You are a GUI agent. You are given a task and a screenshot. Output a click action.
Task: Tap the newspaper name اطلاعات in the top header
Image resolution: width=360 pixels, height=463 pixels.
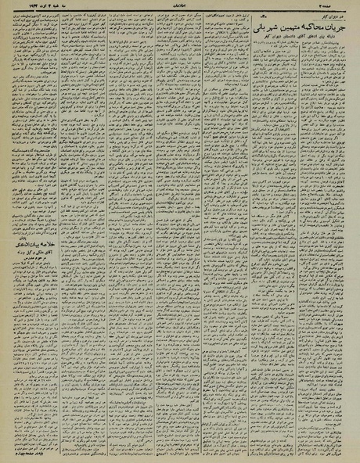179,5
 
